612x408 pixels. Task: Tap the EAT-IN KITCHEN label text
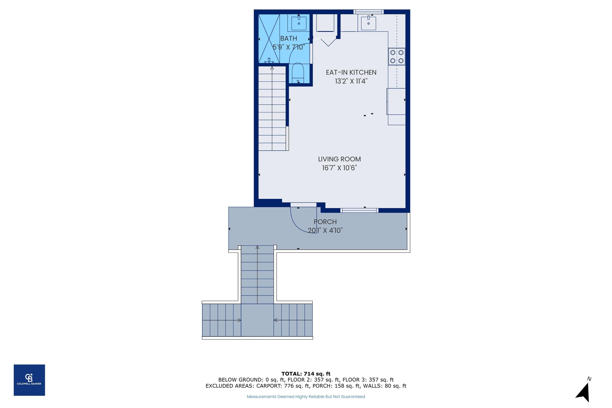tap(351, 72)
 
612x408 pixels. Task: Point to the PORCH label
tap(325, 222)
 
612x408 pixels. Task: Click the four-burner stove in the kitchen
tap(397, 57)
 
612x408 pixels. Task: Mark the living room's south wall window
tap(359, 211)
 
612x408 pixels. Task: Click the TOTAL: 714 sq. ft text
tap(306, 374)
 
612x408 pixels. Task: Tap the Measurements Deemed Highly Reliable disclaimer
tap(306, 397)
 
